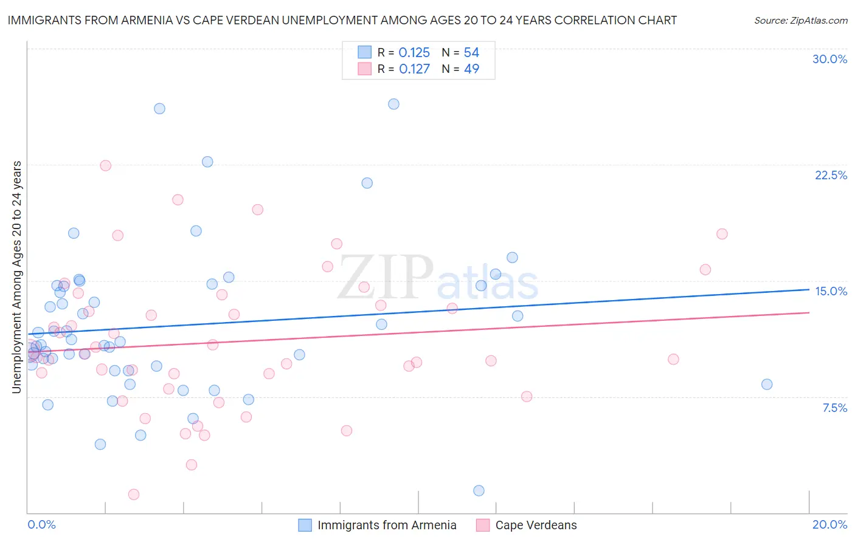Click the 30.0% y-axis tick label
pyautogui.click(x=829, y=59)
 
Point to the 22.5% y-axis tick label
pyautogui.click(x=831, y=175)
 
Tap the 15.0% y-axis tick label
pyautogui.click(x=831, y=291)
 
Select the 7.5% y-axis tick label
pyautogui.click(x=834, y=408)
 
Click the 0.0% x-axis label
pyautogui.click(x=41, y=524)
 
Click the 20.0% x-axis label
pyautogui.click(x=829, y=524)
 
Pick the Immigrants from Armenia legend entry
pyautogui.click(x=386, y=525)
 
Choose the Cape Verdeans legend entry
pyautogui.click(x=535, y=525)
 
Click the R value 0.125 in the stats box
pyautogui.click(x=414, y=53)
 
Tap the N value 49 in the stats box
pyautogui.click(x=471, y=69)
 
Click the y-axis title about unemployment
pyautogui.click(x=16, y=276)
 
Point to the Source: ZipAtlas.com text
pyautogui.click(x=800, y=21)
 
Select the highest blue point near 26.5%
pyautogui.click(x=393, y=104)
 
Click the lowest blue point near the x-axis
pyautogui.click(x=479, y=490)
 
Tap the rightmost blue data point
pyautogui.click(x=767, y=384)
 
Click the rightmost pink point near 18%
pyautogui.click(x=722, y=234)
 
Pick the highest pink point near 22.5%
pyautogui.click(x=105, y=165)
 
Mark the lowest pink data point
pyautogui.click(x=134, y=494)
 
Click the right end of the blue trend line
pyautogui.click(x=809, y=289)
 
